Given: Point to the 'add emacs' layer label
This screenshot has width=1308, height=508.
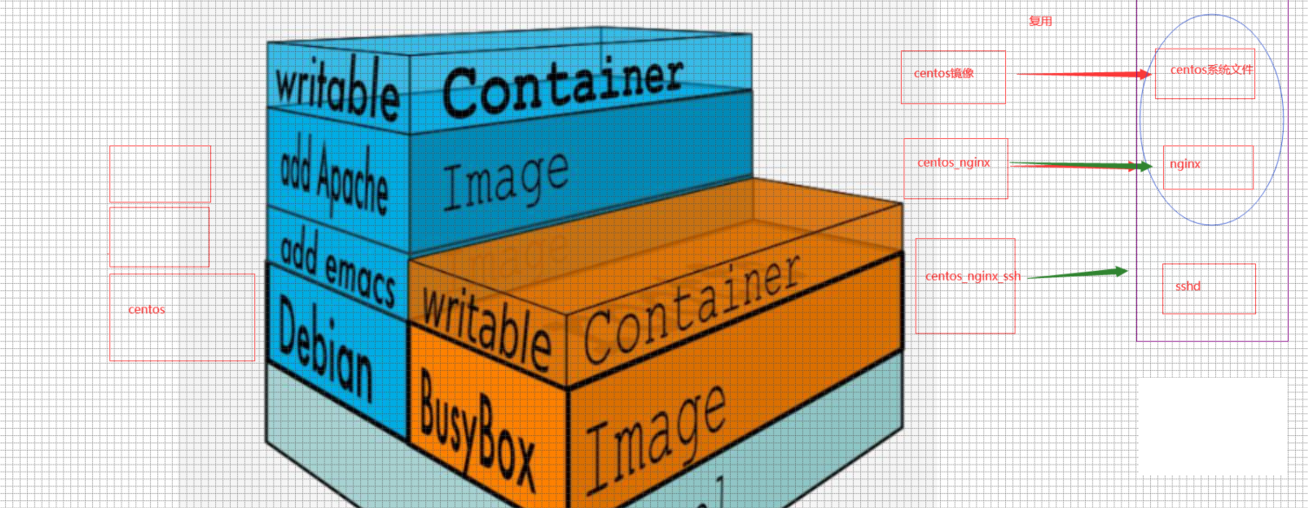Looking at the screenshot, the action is [337, 267].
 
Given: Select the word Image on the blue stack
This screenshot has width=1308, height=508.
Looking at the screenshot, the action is [505, 178].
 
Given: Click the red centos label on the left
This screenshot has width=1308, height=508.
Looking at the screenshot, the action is [147, 310].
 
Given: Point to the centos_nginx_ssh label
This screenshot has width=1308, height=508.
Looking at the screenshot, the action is [972, 276].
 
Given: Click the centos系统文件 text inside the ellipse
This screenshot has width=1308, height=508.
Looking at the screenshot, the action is [1211, 69].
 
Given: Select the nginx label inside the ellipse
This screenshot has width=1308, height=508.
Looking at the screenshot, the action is [1185, 163].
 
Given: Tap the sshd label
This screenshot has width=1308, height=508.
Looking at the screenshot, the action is [1187, 286].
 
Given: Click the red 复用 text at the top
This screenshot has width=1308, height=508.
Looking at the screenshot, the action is [1040, 22].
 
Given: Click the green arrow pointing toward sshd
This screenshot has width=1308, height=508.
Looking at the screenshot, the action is [1076, 274].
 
